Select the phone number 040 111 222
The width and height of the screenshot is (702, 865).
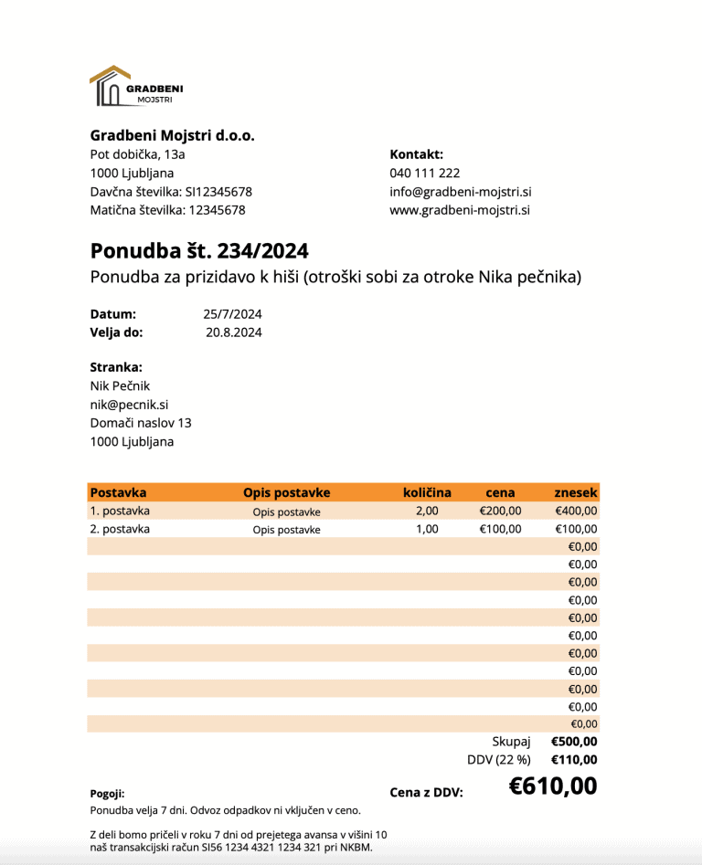click(424, 173)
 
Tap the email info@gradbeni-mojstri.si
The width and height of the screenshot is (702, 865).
click(460, 192)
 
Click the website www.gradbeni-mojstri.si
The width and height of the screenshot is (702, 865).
click(460, 210)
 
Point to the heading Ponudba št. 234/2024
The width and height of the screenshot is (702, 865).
click(198, 250)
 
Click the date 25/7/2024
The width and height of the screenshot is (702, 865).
click(232, 314)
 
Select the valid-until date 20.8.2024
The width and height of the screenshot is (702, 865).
click(234, 332)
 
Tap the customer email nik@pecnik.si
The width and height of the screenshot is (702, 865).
click(129, 404)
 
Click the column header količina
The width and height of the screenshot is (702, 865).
click(427, 492)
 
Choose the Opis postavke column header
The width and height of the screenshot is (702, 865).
click(286, 492)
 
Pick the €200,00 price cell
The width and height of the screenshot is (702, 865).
click(500, 511)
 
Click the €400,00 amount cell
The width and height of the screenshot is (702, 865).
click(576, 511)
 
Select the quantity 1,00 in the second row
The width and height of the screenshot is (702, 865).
click(427, 529)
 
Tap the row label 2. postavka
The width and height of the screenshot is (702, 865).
click(120, 529)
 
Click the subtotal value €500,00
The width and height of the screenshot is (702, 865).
click(574, 742)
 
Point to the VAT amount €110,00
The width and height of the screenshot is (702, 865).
click(574, 760)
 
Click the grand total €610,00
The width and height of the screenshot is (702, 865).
click(553, 786)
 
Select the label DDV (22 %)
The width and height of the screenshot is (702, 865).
click(498, 760)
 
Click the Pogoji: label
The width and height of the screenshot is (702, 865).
click(107, 794)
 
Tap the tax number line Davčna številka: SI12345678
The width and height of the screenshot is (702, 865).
click(171, 192)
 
